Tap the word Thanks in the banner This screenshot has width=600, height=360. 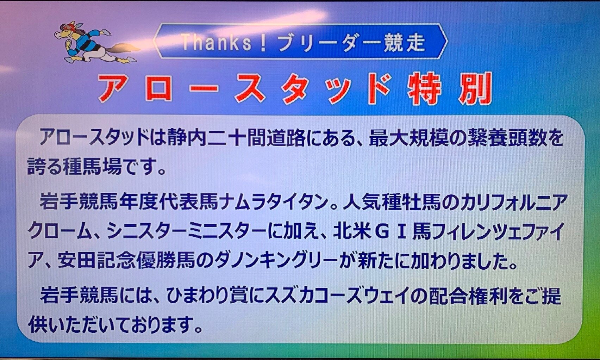pos(217,42)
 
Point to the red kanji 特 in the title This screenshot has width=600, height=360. pos(423,88)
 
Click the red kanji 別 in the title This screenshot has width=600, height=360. pos(474,88)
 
